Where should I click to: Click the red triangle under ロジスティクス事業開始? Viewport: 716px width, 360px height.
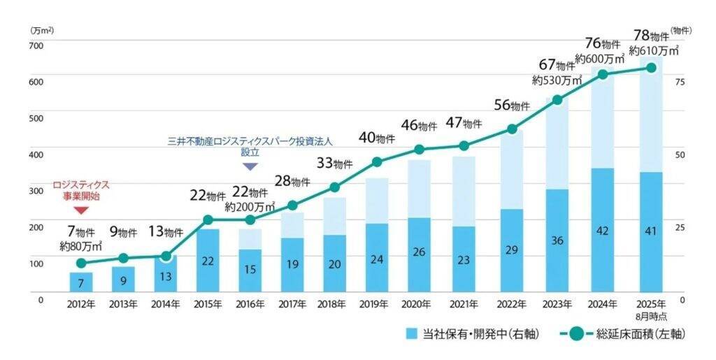coord(81,210)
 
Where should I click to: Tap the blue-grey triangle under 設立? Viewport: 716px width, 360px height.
coord(250,166)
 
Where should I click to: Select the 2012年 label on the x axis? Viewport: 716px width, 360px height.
coord(81,304)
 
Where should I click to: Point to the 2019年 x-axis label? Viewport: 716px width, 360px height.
coord(376,304)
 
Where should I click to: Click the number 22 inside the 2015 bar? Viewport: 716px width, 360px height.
coord(208,260)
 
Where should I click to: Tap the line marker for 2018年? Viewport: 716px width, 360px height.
coord(334,187)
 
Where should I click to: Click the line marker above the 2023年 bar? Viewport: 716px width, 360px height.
coord(557,100)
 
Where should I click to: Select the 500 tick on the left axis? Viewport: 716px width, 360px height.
coord(36,117)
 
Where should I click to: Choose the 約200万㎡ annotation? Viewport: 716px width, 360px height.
coord(250,207)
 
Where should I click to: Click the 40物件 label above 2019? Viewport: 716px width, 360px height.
coord(376,138)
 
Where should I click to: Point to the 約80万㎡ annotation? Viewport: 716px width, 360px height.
coord(81,246)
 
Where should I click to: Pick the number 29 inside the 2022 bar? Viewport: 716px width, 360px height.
coord(512,250)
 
